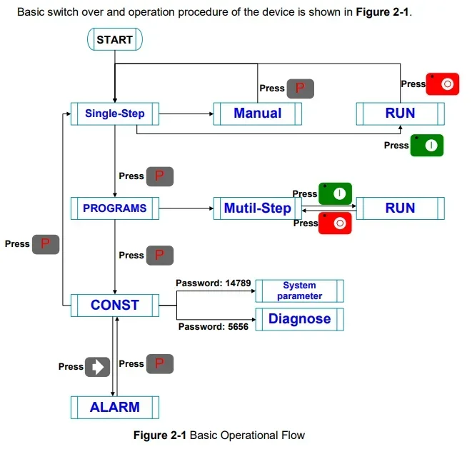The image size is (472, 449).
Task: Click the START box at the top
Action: pyautogui.click(x=115, y=39)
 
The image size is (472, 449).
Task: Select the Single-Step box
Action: pyautogui.click(x=115, y=113)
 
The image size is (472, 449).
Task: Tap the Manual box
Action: pyautogui.click(x=258, y=113)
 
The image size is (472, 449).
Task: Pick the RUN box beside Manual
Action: pyautogui.click(x=400, y=113)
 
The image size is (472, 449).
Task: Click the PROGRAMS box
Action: pyautogui.click(x=115, y=208)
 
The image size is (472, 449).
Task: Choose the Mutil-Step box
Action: pyautogui.click(x=258, y=208)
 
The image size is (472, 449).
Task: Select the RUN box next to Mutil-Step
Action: pyautogui.click(x=400, y=208)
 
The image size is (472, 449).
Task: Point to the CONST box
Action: pyautogui.click(x=115, y=305)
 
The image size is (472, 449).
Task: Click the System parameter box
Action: pyautogui.click(x=299, y=291)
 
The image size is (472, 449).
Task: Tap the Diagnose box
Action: pyautogui.click(x=299, y=319)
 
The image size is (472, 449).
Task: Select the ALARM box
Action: pyautogui.click(x=115, y=408)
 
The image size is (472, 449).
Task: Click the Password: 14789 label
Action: pyautogui.click(x=214, y=283)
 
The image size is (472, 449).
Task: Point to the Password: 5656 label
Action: pyautogui.click(x=213, y=326)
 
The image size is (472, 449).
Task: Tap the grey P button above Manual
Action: pyautogui.click(x=301, y=89)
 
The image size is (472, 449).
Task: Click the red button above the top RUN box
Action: pyautogui.click(x=443, y=84)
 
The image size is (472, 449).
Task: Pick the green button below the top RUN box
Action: pyautogui.click(x=427, y=146)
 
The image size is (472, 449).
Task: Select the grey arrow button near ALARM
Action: pyautogui.click(x=98, y=367)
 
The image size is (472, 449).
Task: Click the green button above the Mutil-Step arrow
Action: pyautogui.click(x=335, y=193)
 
